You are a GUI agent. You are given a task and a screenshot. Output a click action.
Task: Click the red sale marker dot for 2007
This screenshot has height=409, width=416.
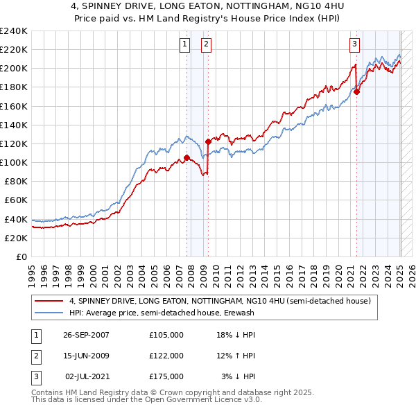pyautogui.click(x=187, y=158)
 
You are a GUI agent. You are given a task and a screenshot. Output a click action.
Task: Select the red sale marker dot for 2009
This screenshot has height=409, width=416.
pyautogui.click(x=208, y=141)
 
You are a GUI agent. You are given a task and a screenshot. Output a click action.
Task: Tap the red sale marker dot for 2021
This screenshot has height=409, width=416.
pyautogui.click(x=356, y=92)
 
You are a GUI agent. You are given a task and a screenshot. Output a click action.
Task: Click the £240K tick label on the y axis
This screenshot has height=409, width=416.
pyautogui.click(x=13, y=31)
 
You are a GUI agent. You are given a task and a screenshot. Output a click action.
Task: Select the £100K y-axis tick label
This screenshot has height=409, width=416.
pyautogui.click(x=13, y=162)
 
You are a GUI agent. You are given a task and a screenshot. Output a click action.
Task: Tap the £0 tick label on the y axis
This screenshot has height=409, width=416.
pyautogui.click(x=21, y=256)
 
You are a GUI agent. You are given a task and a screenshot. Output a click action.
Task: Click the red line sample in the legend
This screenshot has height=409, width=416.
pyautogui.click(x=49, y=302)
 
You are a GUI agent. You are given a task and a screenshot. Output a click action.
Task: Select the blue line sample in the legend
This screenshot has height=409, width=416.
pyautogui.click(x=49, y=313)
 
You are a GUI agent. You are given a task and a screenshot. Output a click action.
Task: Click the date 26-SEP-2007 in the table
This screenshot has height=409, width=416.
pyautogui.click(x=86, y=335)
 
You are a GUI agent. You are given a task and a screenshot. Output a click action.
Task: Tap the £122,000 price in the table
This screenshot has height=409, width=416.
pyautogui.click(x=166, y=356)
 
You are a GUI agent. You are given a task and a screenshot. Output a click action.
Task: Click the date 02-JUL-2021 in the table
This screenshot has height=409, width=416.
pyautogui.click(x=86, y=376)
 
